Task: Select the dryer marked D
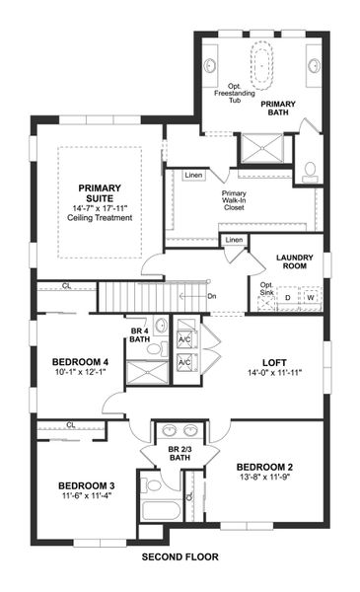[288, 297]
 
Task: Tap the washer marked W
[310, 297]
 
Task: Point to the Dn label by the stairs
[211, 295]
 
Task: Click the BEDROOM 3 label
[87, 485]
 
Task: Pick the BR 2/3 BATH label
[180, 453]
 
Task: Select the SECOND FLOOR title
[180, 557]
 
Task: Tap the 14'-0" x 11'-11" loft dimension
[272, 375]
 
